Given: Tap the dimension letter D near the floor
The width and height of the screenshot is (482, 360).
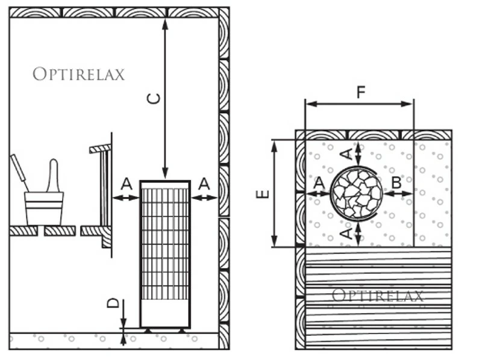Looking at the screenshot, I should [113, 303].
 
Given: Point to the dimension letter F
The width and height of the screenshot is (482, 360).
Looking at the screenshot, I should [360, 92].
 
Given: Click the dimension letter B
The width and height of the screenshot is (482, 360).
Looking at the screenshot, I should [396, 182].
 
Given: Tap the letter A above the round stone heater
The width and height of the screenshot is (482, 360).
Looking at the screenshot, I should [346, 153].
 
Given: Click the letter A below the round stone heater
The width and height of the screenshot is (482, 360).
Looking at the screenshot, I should [346, 232].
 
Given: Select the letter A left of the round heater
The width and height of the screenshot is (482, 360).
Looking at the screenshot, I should [319, 182].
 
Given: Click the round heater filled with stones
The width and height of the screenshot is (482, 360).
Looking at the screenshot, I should [357, 193].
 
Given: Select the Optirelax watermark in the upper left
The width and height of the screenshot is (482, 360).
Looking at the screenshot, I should [78, 75].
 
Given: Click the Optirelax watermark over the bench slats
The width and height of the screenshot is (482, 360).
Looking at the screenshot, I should [378, 296].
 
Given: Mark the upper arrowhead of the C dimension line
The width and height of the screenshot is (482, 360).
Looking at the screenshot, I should [165, 23].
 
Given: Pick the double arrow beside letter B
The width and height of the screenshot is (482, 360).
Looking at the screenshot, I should [398, 194].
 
